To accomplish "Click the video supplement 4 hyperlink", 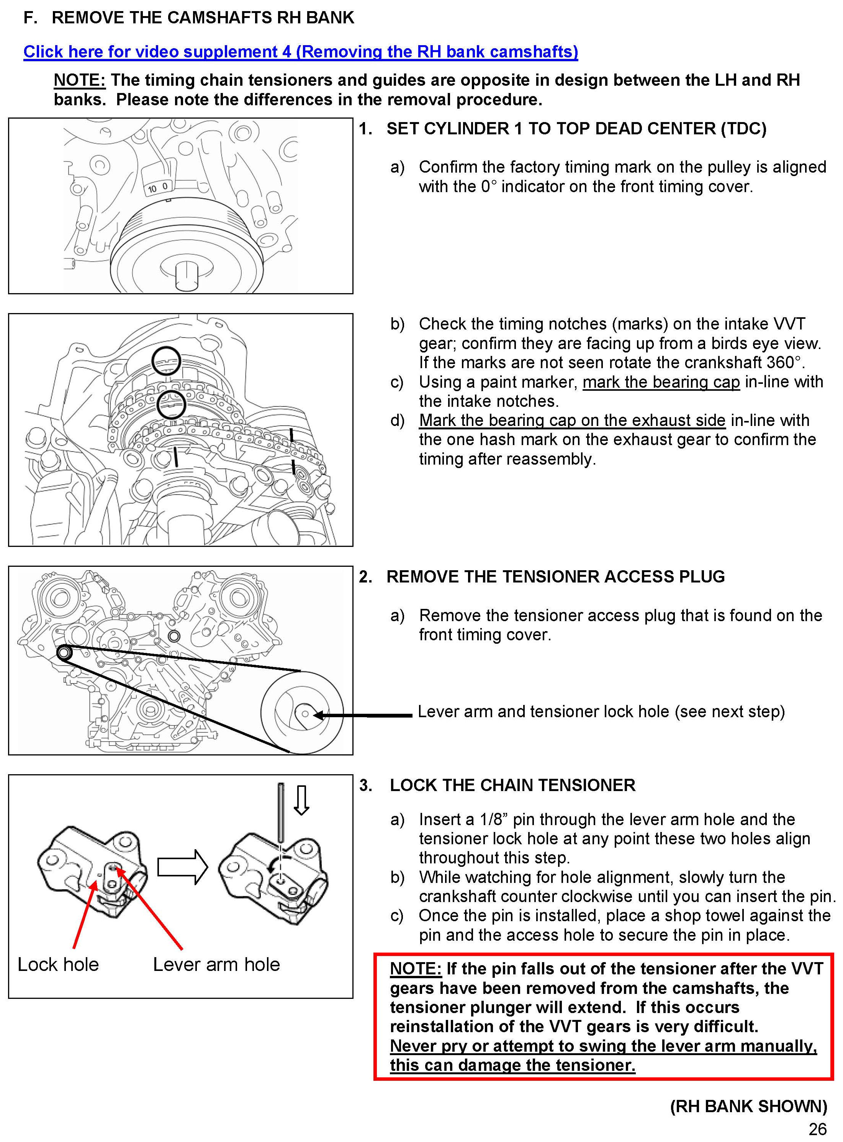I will (301, 52).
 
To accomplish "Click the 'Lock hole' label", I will (58, 964).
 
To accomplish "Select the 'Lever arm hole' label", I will (216, 964).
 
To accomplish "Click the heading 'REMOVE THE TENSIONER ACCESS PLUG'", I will (555, 577).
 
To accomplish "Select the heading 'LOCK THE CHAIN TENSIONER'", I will (512, 785).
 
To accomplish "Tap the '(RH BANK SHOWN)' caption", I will (748, 1106).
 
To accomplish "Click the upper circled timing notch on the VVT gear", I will (166, 361).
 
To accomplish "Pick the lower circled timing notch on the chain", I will (171, 405).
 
